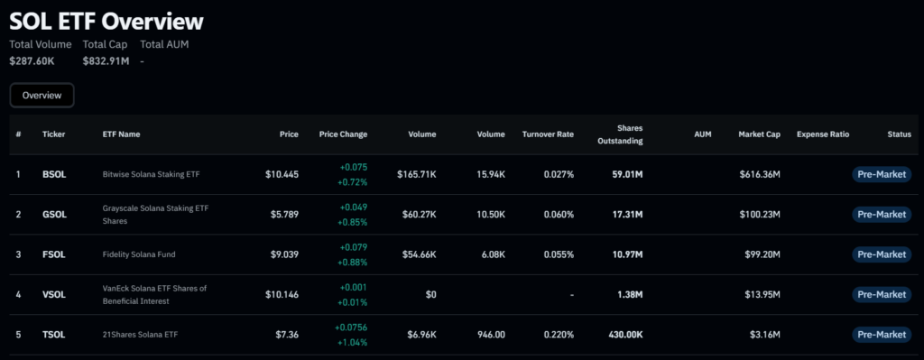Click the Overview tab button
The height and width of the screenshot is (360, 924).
[42, 96]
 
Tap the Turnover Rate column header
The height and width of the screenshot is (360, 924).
[548, 134]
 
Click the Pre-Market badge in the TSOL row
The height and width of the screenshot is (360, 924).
[882, 335]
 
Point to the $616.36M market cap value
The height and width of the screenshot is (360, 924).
[760, 174]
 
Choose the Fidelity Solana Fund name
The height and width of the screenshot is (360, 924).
[139, 254]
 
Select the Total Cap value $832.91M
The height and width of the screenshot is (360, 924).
[106, 60]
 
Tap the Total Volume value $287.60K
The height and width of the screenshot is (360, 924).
[32, 60]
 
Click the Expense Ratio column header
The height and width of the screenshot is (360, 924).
[823, 134]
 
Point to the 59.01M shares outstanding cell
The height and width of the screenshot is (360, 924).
[626, 174]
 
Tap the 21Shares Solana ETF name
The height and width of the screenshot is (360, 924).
[140, 335]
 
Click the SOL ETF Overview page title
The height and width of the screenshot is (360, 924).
[106, 22]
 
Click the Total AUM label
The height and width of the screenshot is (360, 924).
[164, 44]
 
